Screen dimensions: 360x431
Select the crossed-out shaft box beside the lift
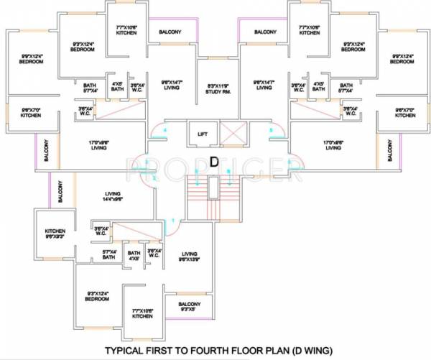point(233,134)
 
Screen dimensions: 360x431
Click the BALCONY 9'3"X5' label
point(189,308)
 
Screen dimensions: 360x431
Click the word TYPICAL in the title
point(130,351)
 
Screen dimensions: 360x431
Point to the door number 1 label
point(173,220)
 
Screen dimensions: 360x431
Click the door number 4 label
point(165,129)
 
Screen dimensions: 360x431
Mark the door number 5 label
point(271,129)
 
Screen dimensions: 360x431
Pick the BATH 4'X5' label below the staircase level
point(134,256)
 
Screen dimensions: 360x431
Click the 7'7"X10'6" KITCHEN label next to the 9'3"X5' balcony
point(142,313)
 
